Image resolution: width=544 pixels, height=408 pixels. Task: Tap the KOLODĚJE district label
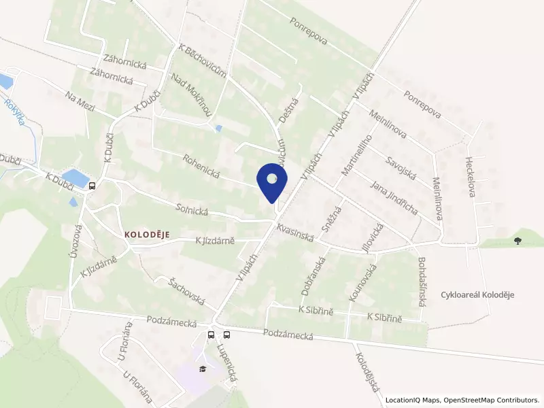click(x=146, y=233)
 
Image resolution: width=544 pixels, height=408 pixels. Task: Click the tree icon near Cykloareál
click(x=518, y=240)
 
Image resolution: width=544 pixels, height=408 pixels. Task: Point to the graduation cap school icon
click(x=202, y=369)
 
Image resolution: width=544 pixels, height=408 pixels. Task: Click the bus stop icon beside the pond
click(x=91, y=185)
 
